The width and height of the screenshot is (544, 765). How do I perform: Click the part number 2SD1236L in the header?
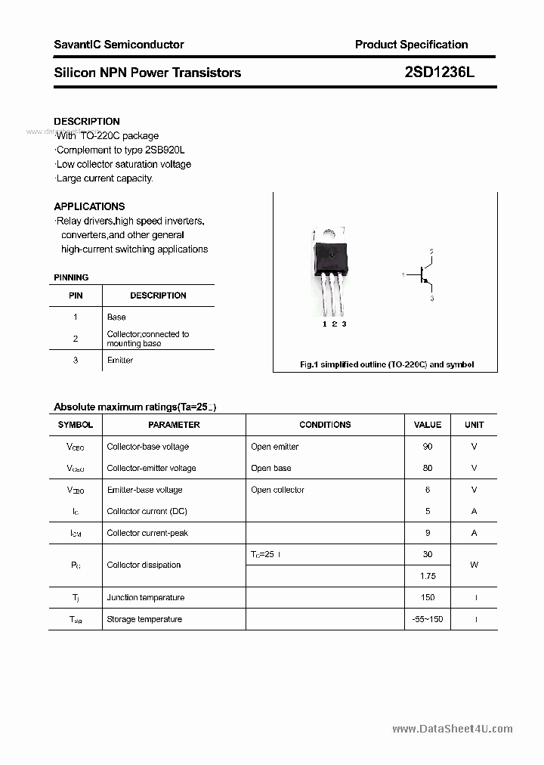click(x=439, y=73)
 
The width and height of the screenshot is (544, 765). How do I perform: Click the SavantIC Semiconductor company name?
click(x=119, y=45)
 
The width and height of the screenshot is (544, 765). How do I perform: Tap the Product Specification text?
click(x=411, y=45)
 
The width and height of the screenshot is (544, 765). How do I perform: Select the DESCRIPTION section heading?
click(x=87, y=121)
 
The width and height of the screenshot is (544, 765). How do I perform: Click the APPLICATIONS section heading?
click(x=89, y=206)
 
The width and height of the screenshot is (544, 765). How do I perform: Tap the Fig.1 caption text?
click(x=387, y=364)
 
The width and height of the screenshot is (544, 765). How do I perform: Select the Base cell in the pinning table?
click(x=116, y=317)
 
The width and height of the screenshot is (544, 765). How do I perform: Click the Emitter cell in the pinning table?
click(x=120, y=360)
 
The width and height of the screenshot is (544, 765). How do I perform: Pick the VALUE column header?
click(x=428, y=425)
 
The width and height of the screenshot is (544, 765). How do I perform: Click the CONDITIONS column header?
click(x=325, y=425)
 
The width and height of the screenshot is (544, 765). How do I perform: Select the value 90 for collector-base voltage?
click(x=428, y=447)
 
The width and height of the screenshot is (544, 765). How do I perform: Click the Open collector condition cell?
click(x=277, y=490)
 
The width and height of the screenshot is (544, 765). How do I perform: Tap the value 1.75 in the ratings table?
click(x=428, y=576)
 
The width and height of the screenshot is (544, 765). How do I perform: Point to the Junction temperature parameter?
click(x=145, y=597)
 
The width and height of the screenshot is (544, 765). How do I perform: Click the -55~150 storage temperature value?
click(x=428, y=619)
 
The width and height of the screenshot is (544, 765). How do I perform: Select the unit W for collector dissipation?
click(x=474, y=565)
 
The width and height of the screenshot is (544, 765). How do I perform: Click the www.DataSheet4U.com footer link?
click(x=453, y=729)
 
